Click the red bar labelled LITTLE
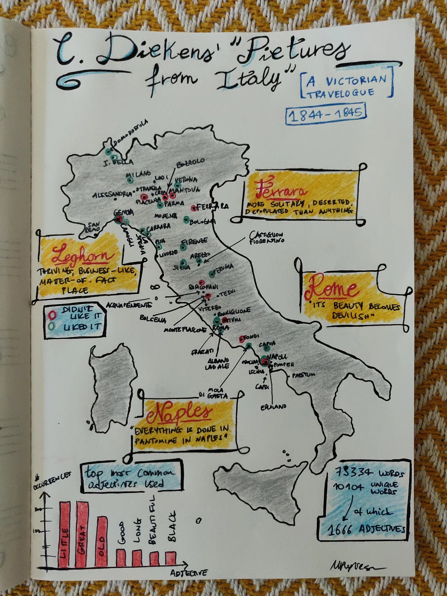point(65,535)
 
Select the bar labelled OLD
point(102,542)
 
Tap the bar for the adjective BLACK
point(171,559)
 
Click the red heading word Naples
point(179,413)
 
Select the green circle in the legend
point(52,326)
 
